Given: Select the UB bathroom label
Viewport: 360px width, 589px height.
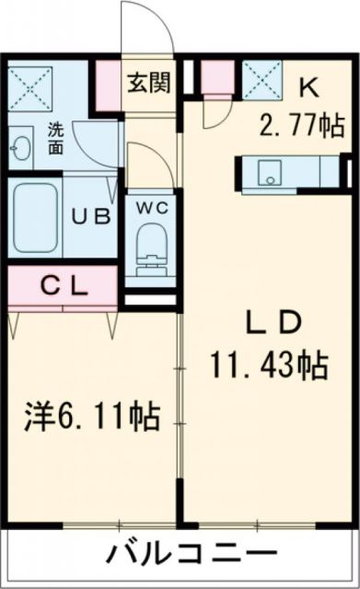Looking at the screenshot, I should pyautogui.click(x=92, y=217).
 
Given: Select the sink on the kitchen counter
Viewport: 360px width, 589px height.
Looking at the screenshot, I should pyautogui.click(x=271, y=171).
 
